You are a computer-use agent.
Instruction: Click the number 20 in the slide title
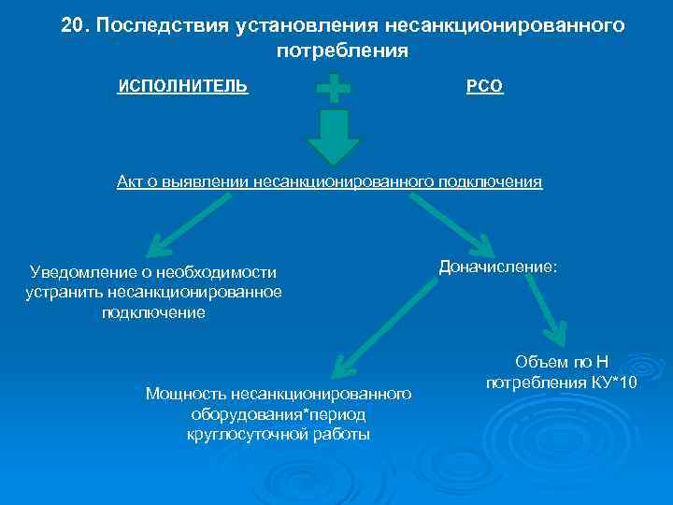[x=73, y=26]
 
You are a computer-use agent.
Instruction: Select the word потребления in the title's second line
[x=342, y=51]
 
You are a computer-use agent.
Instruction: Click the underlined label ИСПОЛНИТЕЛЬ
[x=182, y=86]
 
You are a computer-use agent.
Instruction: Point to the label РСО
[x=484, y=87]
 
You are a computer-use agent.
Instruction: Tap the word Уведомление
[x=84, y=272]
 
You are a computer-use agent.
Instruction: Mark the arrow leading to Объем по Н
[x=544, y=310]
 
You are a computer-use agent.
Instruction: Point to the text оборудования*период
[x=278, y=414]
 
